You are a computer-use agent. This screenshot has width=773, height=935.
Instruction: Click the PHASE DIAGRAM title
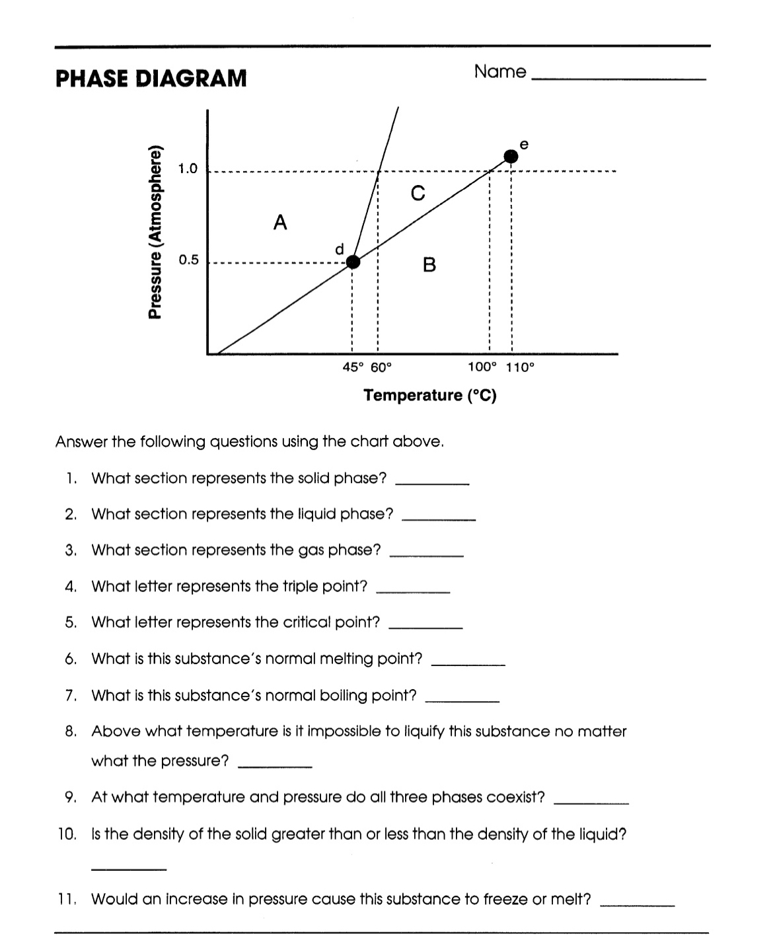click(151, 79)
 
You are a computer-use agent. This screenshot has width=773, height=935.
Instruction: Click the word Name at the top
click(500, 72)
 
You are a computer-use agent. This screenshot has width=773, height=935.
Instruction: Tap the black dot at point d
click(353, 262)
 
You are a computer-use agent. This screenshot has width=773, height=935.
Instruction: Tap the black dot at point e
click(511, 156)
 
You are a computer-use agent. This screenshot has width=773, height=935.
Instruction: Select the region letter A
click(280, 223)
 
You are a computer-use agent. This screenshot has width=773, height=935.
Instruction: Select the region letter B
click(429, 266)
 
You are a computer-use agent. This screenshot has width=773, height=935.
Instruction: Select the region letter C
click(417, 193)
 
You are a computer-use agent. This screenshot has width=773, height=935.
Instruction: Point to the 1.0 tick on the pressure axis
click(188, 168)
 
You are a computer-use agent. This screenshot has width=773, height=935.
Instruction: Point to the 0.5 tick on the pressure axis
click(188, 260)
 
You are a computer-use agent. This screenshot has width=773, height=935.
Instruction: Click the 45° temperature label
click(353, 367)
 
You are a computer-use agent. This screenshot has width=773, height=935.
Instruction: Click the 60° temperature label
click(381, 367)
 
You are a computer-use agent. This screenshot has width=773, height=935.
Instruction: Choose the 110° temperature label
click(519, 367)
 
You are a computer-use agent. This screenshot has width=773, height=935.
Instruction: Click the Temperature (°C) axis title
click(430, 395)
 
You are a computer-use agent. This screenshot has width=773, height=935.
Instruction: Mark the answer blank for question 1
click(432, 483)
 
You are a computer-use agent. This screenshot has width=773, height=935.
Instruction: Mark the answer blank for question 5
click(425, 627)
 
